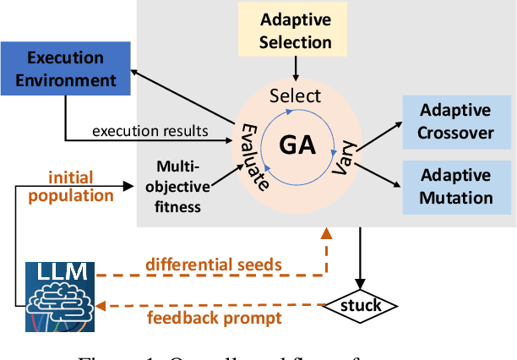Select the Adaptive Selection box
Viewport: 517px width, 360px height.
[296, 30]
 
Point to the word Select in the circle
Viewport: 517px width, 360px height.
[295, 96]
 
